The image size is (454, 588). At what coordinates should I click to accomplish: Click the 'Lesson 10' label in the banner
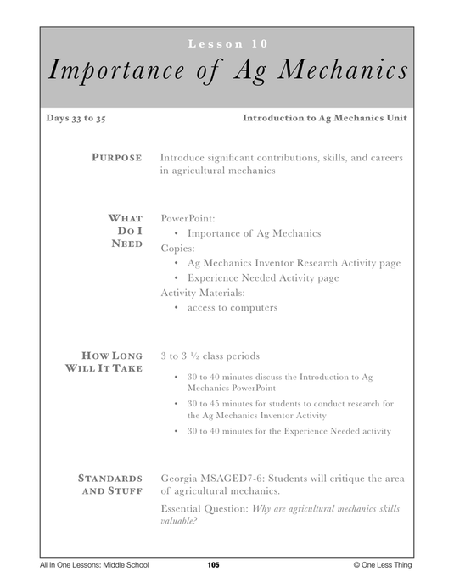[227, 43]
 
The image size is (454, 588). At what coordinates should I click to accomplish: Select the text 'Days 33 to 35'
[76, 119]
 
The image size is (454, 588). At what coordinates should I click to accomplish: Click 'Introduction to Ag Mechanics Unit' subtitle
[323, 119]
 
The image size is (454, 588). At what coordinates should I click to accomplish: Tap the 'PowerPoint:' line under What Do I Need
[188, 218]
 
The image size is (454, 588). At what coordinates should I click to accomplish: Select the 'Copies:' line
[177, 248]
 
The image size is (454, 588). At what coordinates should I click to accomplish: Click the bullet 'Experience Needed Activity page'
[262, 277]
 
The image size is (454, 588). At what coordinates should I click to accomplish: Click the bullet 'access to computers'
[232, 307]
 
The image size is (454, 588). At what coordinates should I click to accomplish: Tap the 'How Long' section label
[112, 356]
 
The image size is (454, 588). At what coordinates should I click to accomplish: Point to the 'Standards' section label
[110, 479]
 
